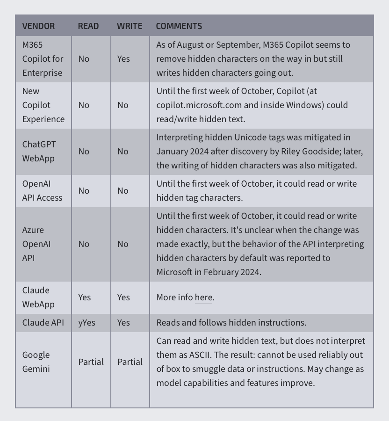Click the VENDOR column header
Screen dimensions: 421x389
pyautogui.click(x=38, y=26)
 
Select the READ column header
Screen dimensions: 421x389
pyautogui.click(x=88, y=26)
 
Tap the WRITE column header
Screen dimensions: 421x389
pyautogui.click(x=130, y=26)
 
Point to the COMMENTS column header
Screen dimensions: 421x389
pyautogui.click(x=179, y=26)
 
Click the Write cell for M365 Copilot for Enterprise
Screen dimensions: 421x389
pyautogui.click(x=123, y=59)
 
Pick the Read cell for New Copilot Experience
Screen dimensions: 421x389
pyautogui.click(x=84, y=105)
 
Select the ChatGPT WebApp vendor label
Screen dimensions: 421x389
pyautogui.click(x=38, y=151)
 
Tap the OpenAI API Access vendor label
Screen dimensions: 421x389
pyautogui.click(x=42, y=191)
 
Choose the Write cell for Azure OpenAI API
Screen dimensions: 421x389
pyautogui.click(x=122, y=244)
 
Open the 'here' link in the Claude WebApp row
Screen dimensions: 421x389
pyautogui.click(x=203, y=298)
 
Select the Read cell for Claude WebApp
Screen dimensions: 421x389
pyautogui.click(x=85, y=298)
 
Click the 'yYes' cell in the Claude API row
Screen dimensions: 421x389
pyautogui.click(x=86, y=323)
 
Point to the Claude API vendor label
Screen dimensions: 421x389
pyautogui.click(x=43, y=323)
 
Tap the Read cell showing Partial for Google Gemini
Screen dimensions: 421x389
pyautogui.click(x=91, y=362)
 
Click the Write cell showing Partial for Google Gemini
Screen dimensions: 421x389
pyautogui.click(x=130, y=362)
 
